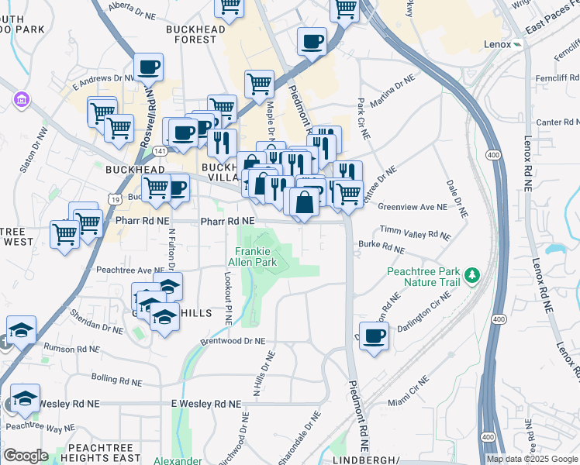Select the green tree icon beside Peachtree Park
tap(471, 275)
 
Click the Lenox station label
tap(498, 44)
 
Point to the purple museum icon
tap(20, 101)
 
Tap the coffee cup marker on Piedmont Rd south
tap(374, 336)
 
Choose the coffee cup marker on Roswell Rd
tap(148, 67)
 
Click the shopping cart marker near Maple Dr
tap(259, 83)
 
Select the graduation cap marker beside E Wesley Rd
tap(25, 398)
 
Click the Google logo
tap(26, 456)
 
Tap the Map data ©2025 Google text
tap(531, 459)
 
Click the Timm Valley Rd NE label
tap(415, 233)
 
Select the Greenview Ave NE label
tap(413, 207)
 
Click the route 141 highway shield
tap(159, 150)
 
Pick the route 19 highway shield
tap(115, 199)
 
